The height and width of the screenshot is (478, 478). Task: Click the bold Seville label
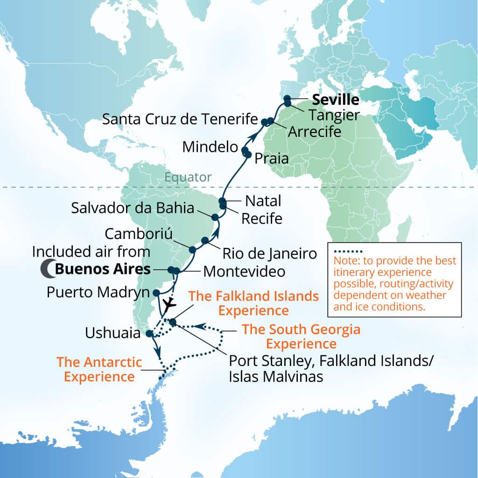point(336,100)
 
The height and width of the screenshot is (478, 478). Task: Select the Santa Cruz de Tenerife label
point(180,119)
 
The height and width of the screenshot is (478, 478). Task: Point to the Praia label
point(272,159)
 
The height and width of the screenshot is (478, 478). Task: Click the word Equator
point(188,177)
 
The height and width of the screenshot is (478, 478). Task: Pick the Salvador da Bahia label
point(133,208)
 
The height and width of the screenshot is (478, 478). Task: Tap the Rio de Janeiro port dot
point(205,240)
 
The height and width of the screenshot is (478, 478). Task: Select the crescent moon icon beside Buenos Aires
point(47,269)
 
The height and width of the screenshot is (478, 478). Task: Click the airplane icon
point(170,303)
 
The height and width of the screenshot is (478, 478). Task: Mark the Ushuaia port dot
point(149,333)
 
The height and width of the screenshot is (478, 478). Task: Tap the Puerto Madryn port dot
point(156,293)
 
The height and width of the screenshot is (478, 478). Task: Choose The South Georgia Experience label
point(301,337)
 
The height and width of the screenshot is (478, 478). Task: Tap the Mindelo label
point(210,147)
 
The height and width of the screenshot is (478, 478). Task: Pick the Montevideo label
point(244,271)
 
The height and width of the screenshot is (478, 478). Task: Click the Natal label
point(263,201)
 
